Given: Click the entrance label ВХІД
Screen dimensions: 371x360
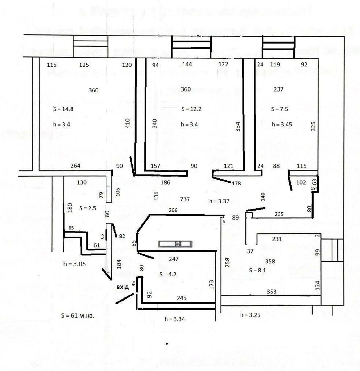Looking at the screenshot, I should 123,288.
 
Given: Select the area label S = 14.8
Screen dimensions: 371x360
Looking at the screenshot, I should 63,109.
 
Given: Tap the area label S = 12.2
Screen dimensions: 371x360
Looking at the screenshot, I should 191,109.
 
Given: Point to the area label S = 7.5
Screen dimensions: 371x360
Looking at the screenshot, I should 280,109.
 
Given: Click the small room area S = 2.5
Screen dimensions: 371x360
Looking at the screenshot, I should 88,208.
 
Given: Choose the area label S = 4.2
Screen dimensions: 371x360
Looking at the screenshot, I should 168,274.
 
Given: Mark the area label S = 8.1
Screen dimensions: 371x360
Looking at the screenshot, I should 258,270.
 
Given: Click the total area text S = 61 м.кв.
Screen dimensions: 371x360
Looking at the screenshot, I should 77,316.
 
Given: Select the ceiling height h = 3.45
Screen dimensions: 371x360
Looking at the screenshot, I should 282,125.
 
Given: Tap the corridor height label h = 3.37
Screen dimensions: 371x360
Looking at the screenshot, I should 219,201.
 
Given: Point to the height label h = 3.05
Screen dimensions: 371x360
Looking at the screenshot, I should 75,264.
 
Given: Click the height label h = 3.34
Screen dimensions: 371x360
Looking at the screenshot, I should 175,319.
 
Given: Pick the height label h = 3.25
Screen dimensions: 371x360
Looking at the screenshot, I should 250,315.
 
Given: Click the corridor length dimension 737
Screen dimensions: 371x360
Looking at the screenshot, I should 185,199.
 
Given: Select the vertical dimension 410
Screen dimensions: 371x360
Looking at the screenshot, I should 128,123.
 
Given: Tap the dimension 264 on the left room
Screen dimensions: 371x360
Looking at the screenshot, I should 75,166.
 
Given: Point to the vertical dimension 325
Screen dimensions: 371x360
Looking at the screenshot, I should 313,126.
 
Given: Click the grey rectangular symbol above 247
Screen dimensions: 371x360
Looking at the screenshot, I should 176,244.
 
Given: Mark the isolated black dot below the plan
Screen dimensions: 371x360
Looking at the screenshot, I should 167,343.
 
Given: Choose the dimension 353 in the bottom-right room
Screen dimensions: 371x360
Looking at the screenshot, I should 271,292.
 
